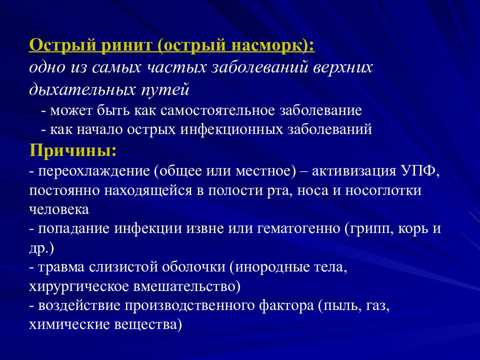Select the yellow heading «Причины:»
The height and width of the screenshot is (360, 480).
tap(74, 150)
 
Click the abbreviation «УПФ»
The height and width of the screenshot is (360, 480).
tap(419, 171)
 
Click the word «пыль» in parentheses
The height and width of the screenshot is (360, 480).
tap(338, 306)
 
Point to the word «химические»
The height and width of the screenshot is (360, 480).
tap(66, 325)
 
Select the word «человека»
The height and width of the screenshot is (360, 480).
tap(59, 210)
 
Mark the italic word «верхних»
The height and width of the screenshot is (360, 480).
tap(343, 67)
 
